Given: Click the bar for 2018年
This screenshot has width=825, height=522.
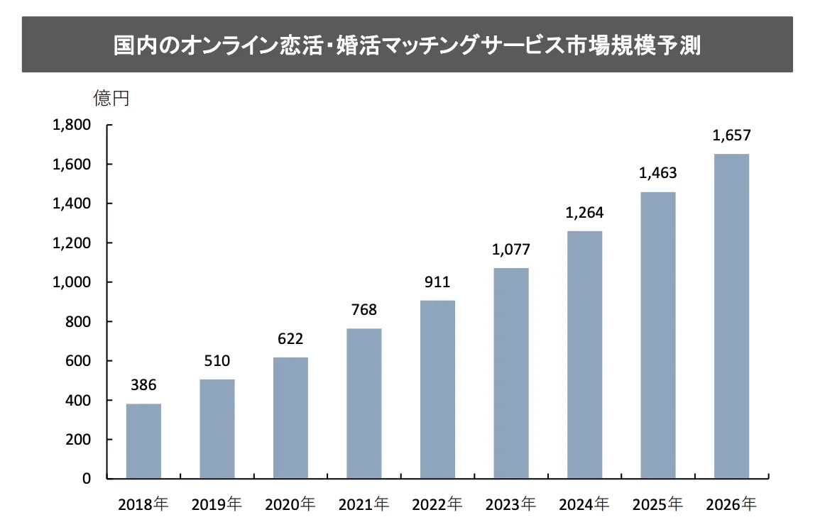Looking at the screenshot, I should (x=143, y=441).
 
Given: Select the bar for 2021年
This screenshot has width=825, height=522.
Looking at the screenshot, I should (x=364, y=404).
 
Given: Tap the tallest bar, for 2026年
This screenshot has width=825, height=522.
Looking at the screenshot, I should (x=731, y=316).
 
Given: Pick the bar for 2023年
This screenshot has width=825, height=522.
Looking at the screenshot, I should (x=511, y=373).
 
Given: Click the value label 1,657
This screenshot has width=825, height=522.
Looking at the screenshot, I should (x=731, y=135).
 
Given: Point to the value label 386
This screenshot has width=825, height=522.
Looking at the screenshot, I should (x=143, y=386).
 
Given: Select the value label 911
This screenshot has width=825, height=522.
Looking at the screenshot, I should (x=437, y=282).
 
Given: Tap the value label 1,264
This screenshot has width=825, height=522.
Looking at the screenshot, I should (x=585, y=213).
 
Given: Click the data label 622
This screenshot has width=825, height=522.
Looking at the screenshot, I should (x=290, y=339).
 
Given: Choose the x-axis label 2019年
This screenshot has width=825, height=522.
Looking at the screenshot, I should (x=217, y=505).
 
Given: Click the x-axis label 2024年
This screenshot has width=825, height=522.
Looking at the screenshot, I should (x=584, y=505).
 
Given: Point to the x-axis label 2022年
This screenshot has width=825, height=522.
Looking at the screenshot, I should (x=437, y=505).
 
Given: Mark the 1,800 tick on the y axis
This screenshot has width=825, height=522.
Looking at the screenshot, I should (x=72, y=126).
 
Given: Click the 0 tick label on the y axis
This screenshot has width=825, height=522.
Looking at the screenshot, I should (x=87, y=479).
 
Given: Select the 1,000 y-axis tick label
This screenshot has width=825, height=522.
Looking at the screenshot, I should (x=72, y=282).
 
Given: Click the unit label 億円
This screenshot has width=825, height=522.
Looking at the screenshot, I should (x=111, y=97).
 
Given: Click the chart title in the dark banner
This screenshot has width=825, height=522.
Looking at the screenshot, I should (x=407, y=46).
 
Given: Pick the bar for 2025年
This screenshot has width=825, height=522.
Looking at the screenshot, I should (x=658, y=335).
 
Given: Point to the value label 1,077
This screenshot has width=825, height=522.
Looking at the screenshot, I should (x=511, y=250).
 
